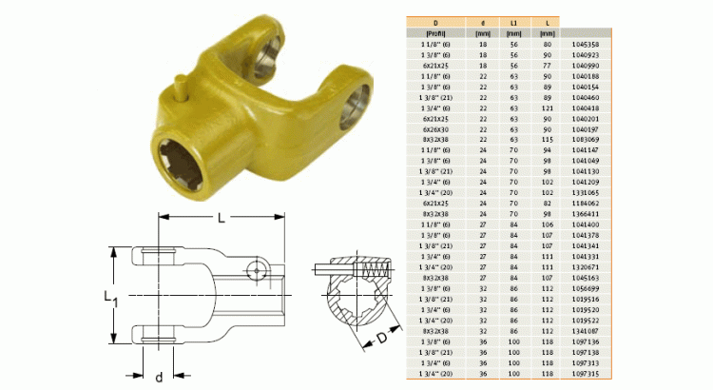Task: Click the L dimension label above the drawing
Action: click(220, 218)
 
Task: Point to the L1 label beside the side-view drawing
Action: click(109, 299)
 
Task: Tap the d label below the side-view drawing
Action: click(159, 377)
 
